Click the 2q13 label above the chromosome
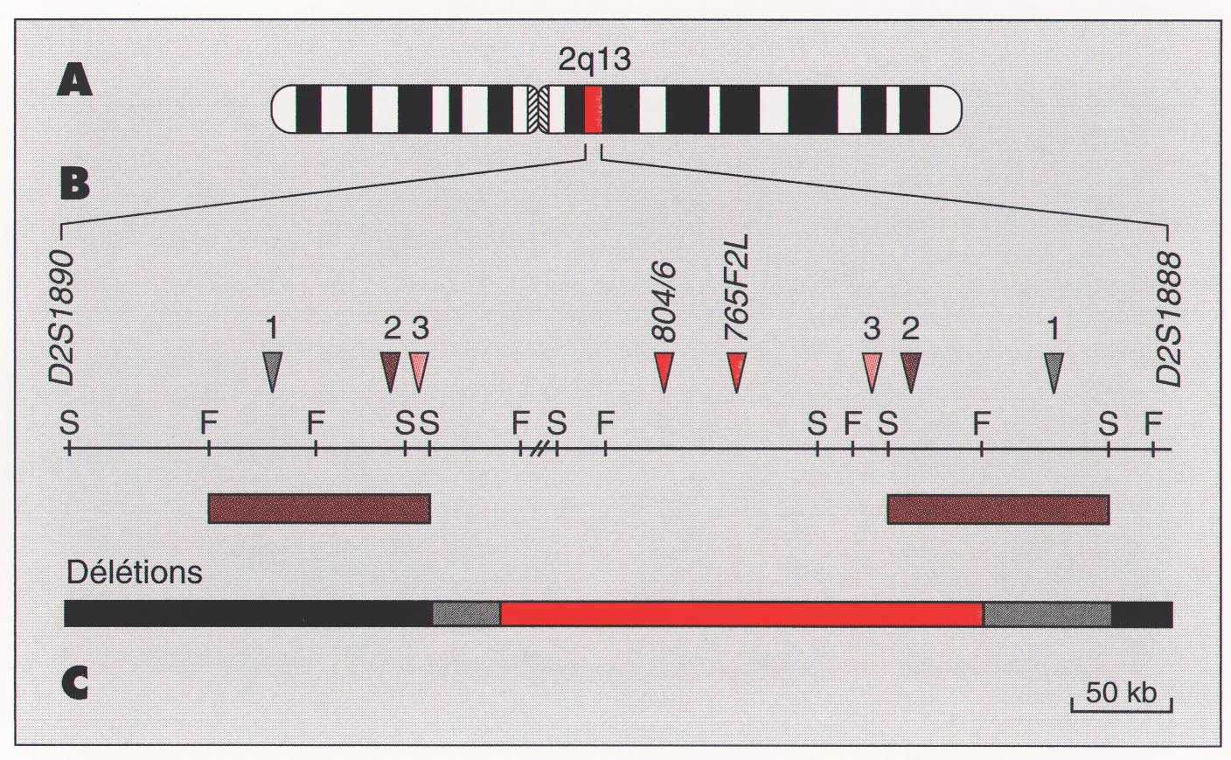pyautogui.click(x=594, y=59)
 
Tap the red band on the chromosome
pyautogui.click(x=593, y=109)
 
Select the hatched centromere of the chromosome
pyautogui.click(x=538, y=109)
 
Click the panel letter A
pyautogui.click(x=74, y=80)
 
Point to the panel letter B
pyautogui.click(x=74, y=184)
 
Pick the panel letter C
pyautogui.click(x=74, y=683)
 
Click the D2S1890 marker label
pyautogui.click(x=61, y=317)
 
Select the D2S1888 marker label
pyautogui.click(x=1168, y=319)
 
